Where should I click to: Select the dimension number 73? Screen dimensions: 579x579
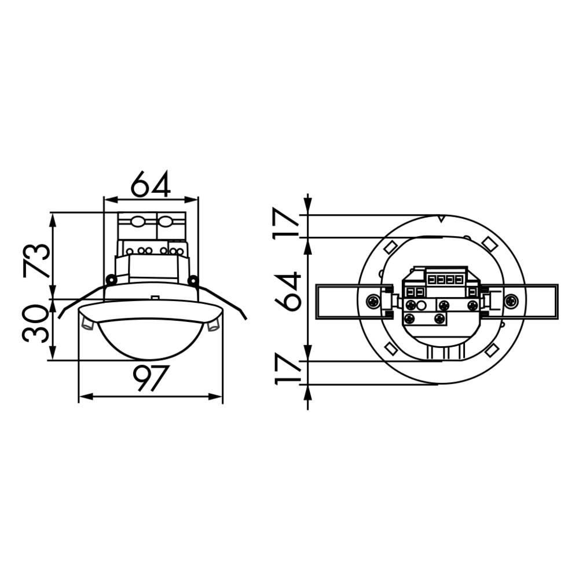click(36, 260)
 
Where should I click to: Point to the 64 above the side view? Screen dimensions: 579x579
click(151, 185)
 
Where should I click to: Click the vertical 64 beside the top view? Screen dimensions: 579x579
click(288, 291)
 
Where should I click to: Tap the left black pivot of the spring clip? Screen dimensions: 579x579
click(110, 280)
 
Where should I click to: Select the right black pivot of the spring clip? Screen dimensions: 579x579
click(192, 280)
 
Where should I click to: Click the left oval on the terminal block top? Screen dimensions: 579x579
click(138, 221)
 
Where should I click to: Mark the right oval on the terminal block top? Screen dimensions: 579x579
click(165, 221)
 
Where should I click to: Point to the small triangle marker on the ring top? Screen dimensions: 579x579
click(441, 219)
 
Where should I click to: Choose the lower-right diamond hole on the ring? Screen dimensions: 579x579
click(493, 349)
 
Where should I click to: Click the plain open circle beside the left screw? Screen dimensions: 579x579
click(422, 305)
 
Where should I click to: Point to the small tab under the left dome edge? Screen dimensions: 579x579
click(87, 325)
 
